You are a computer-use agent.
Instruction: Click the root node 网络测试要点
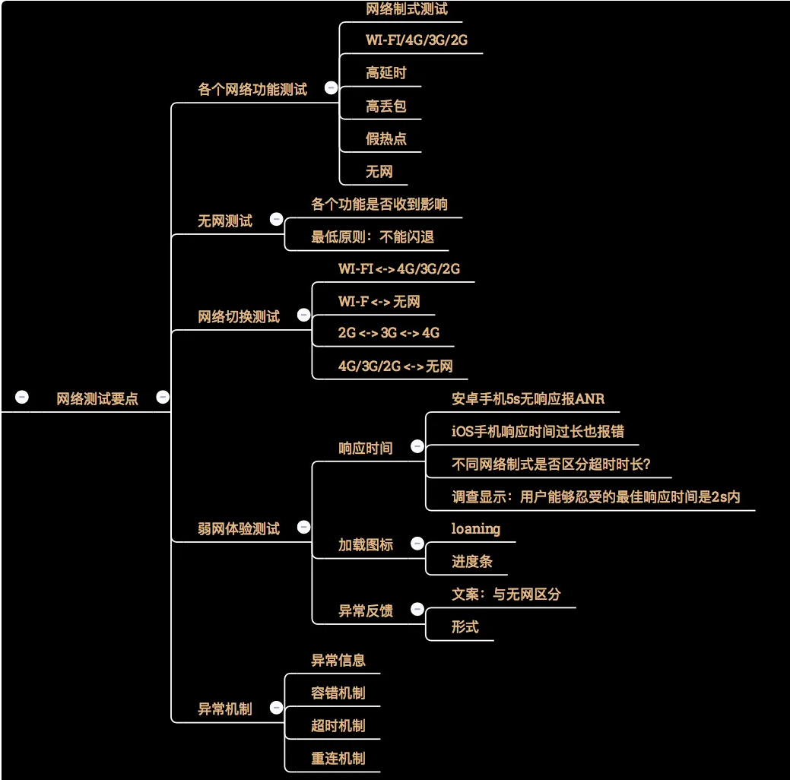tap(97, 399)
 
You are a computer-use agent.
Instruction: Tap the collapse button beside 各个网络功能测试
tap(331, 88)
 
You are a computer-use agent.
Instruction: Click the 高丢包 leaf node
tap(386, 106)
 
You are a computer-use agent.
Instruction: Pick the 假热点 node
tap(386, 139)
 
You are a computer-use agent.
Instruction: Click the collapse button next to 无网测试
tap(277, 220)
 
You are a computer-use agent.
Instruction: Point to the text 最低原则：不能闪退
tap(373, 237)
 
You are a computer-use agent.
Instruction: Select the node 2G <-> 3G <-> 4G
tap(389, 333)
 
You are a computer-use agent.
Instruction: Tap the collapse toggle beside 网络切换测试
tap(303, 315)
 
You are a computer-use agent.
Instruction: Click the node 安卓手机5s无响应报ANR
tap(528, 399)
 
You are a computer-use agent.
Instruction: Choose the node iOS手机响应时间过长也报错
tap(538, 432)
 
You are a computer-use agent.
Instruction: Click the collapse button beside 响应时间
tap(417, 446)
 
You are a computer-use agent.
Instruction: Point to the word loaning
tap(476, 528)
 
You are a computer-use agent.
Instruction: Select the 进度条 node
tap(472, 562)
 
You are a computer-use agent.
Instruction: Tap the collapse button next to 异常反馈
tap(417, 609)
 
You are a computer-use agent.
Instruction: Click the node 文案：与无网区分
tap(506, 595)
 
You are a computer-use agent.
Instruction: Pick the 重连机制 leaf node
tap(338, 759)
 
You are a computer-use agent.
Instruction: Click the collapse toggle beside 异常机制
tap(276, 709)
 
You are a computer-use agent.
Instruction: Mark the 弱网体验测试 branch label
tap(239, 528)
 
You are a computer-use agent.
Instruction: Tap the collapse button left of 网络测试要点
tap(22, 397)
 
